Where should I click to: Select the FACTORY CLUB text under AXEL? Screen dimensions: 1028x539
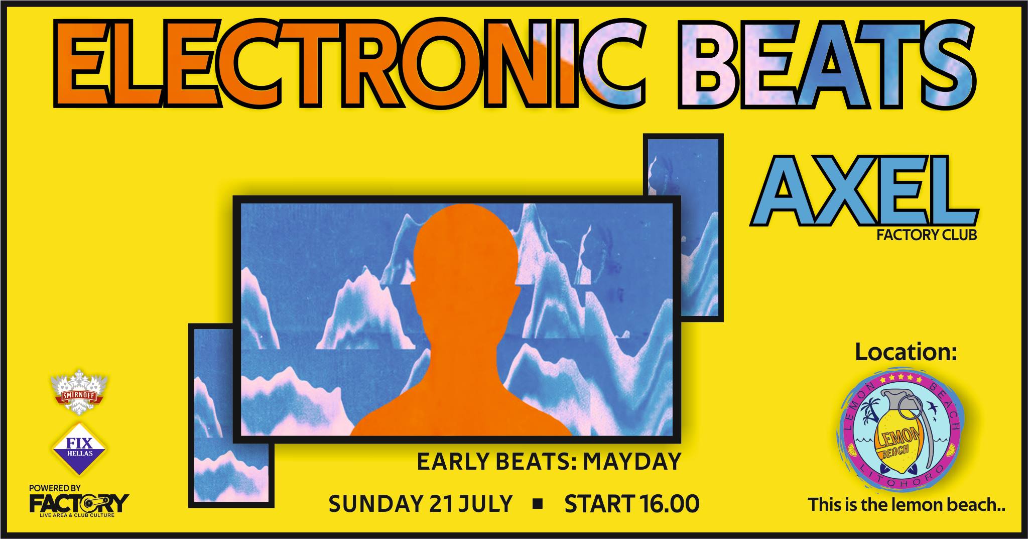(927, 235)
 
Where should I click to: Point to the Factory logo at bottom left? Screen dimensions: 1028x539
(79, 503)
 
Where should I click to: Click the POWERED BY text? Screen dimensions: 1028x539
(55, 488)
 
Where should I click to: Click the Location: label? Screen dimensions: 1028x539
(906, 353)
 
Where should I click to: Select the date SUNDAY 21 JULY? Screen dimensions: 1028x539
(420, 504)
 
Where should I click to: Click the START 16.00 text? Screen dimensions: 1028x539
(631, 504)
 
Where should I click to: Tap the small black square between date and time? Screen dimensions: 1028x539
(538, 504)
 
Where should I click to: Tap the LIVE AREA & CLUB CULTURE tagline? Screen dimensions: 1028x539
(78, 515)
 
